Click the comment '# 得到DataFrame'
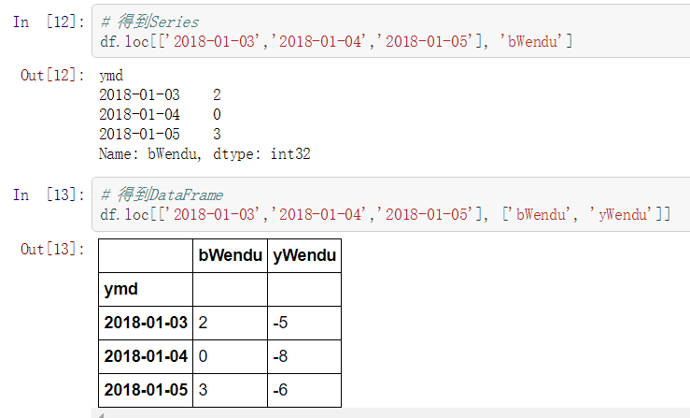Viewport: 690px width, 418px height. point(162,195)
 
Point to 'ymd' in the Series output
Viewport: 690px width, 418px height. point(110,75)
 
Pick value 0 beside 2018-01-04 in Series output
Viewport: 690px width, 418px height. point(217,114)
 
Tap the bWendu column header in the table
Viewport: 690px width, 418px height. point(230,255)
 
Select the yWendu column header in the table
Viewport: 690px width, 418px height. point(304,255)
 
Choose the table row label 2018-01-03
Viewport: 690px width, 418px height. point(146,323)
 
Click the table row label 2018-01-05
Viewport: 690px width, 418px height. point(146,390)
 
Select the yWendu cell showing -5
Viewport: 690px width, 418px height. point(280,323)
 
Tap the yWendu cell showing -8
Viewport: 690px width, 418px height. point(280,356)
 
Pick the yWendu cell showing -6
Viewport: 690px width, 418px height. point(280,390)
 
